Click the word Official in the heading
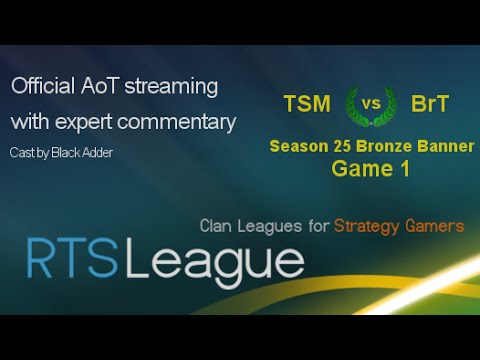[x=46, y=87]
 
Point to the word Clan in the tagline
[x=220, y=226]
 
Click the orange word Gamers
[x=435, y=226]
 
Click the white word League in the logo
[x=216, y=263]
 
